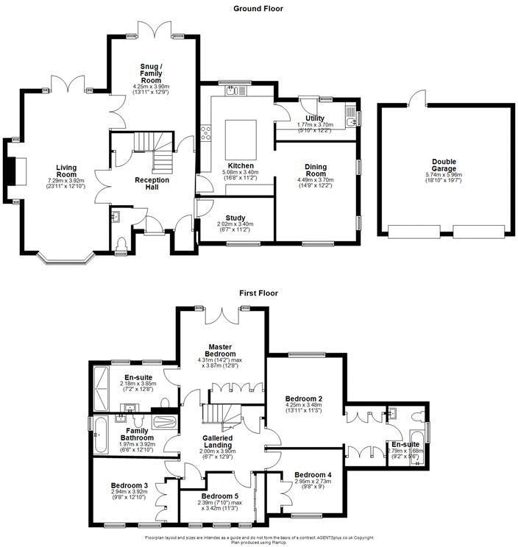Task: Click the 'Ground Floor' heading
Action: [258, 9]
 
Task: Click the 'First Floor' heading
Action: [258, 293]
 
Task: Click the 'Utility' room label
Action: [316, 118]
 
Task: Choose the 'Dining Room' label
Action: [316, 171]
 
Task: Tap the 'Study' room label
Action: [235, 218]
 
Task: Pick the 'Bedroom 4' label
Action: [313, 475]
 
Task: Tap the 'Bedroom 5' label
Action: [219, 496]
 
